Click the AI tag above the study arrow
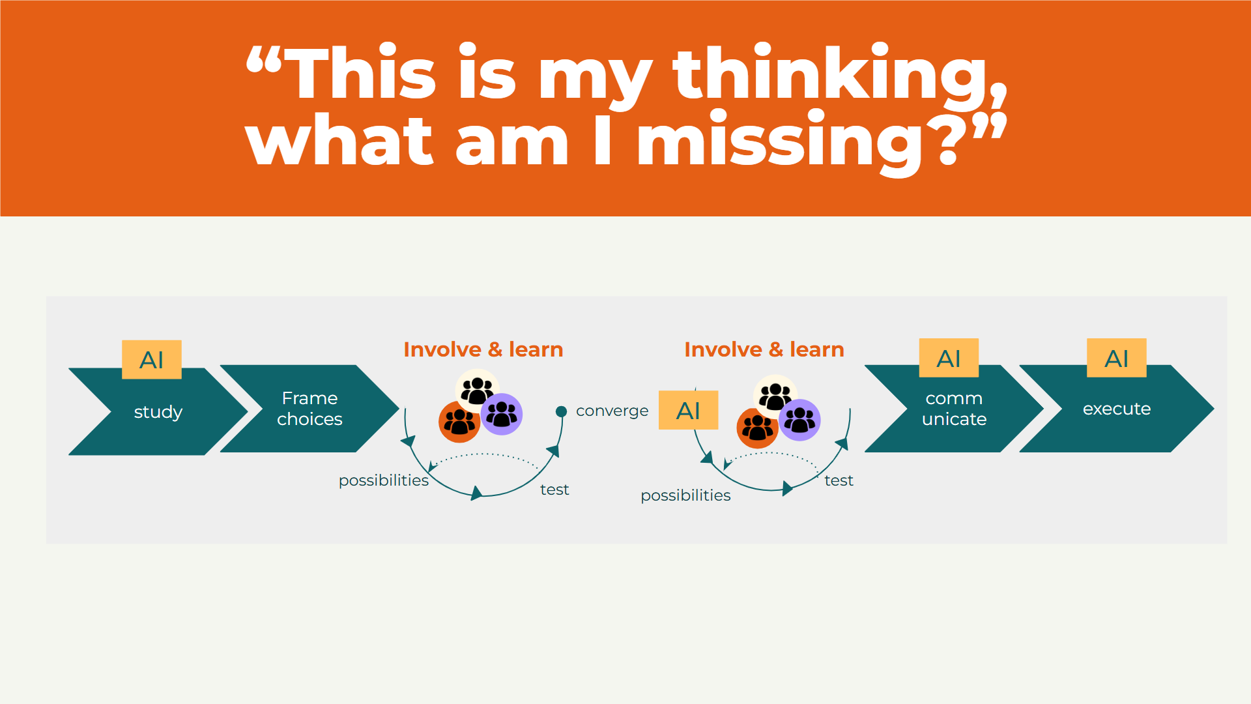(x=151, y=359)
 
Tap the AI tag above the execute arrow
(x=1116, y=358)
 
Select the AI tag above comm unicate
(x=949, y=358)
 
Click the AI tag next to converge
(x=688, y=410)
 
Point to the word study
(x=158, y=412)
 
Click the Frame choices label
(x=309, y=409)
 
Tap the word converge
(x=612, y=411)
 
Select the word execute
(x=1116, y=409)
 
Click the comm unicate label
(x=954, y=409)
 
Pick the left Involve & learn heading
(x=483, y=349)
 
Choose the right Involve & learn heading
(x=764, y=349)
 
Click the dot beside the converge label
(x=561, y=411)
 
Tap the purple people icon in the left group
(x=501, y=414)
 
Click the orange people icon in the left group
(x=459, y=422)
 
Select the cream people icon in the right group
(x=775, y=396)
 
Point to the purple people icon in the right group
(x=799, y=420)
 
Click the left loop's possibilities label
(x=383, y=480)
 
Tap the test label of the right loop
(x=839, y=480)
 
